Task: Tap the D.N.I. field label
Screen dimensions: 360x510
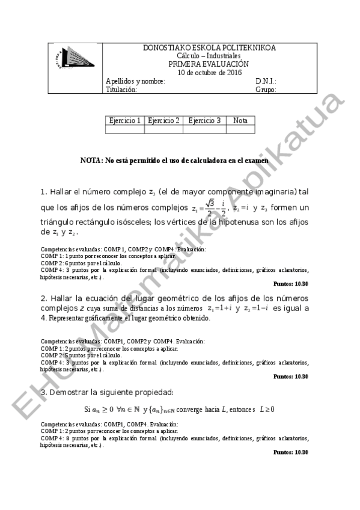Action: click(x=266, y=82)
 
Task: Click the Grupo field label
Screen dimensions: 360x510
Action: click(x=266, y=90)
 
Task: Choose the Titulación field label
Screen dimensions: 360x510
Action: click(x=121, y=90)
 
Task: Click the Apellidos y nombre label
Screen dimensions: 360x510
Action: click(x=135, y=82)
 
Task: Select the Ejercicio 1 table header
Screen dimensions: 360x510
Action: click(x=125, y=120)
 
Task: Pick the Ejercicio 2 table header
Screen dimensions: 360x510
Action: click(x=163, y=120)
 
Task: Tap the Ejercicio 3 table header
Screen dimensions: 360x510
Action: click(x=204, y=120)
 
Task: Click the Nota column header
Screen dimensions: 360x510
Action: click(x=240, y=120)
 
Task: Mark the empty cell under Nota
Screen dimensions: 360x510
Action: click(x=240, y=129)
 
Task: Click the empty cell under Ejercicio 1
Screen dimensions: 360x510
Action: click(x=125, y=129)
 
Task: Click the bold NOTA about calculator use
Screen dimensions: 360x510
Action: click(x=174, y=161)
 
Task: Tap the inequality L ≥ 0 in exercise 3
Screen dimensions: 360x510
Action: click(x=267, y=410)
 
